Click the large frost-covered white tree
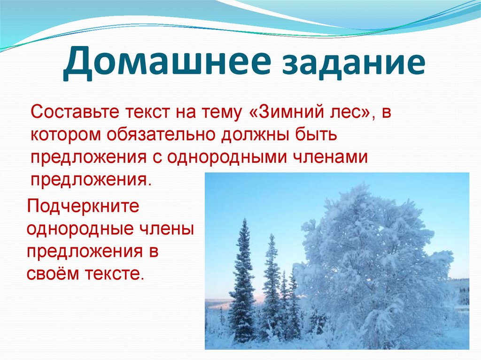pyautogui.click(x=371, y=263)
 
